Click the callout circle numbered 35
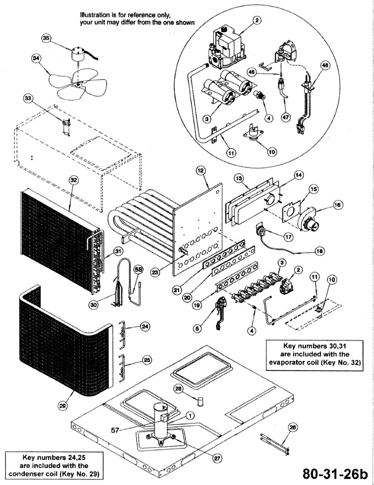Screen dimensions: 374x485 46,38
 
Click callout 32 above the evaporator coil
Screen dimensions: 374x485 74,180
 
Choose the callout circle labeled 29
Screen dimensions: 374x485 63,406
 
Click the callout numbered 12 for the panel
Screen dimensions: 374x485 200,171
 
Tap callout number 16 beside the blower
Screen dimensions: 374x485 338,205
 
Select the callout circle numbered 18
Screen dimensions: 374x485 319,251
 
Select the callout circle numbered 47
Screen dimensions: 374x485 286,117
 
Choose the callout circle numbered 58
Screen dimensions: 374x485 138,270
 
